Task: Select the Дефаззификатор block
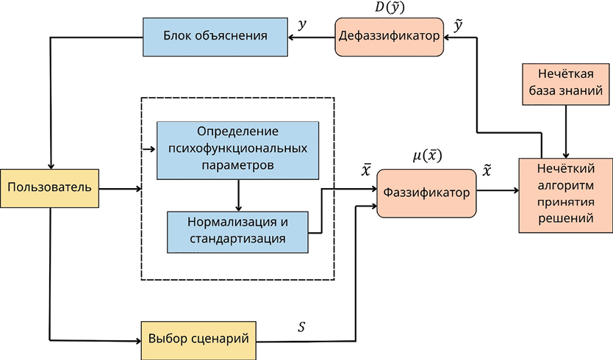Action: tap(390, 36)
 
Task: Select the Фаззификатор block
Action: tap(426, 192)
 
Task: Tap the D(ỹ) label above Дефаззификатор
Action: tap(389, 7)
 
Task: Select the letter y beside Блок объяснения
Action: tap(302, 24)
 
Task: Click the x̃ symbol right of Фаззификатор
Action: tap(487, 171)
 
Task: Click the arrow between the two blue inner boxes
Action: tap(238, 195)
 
